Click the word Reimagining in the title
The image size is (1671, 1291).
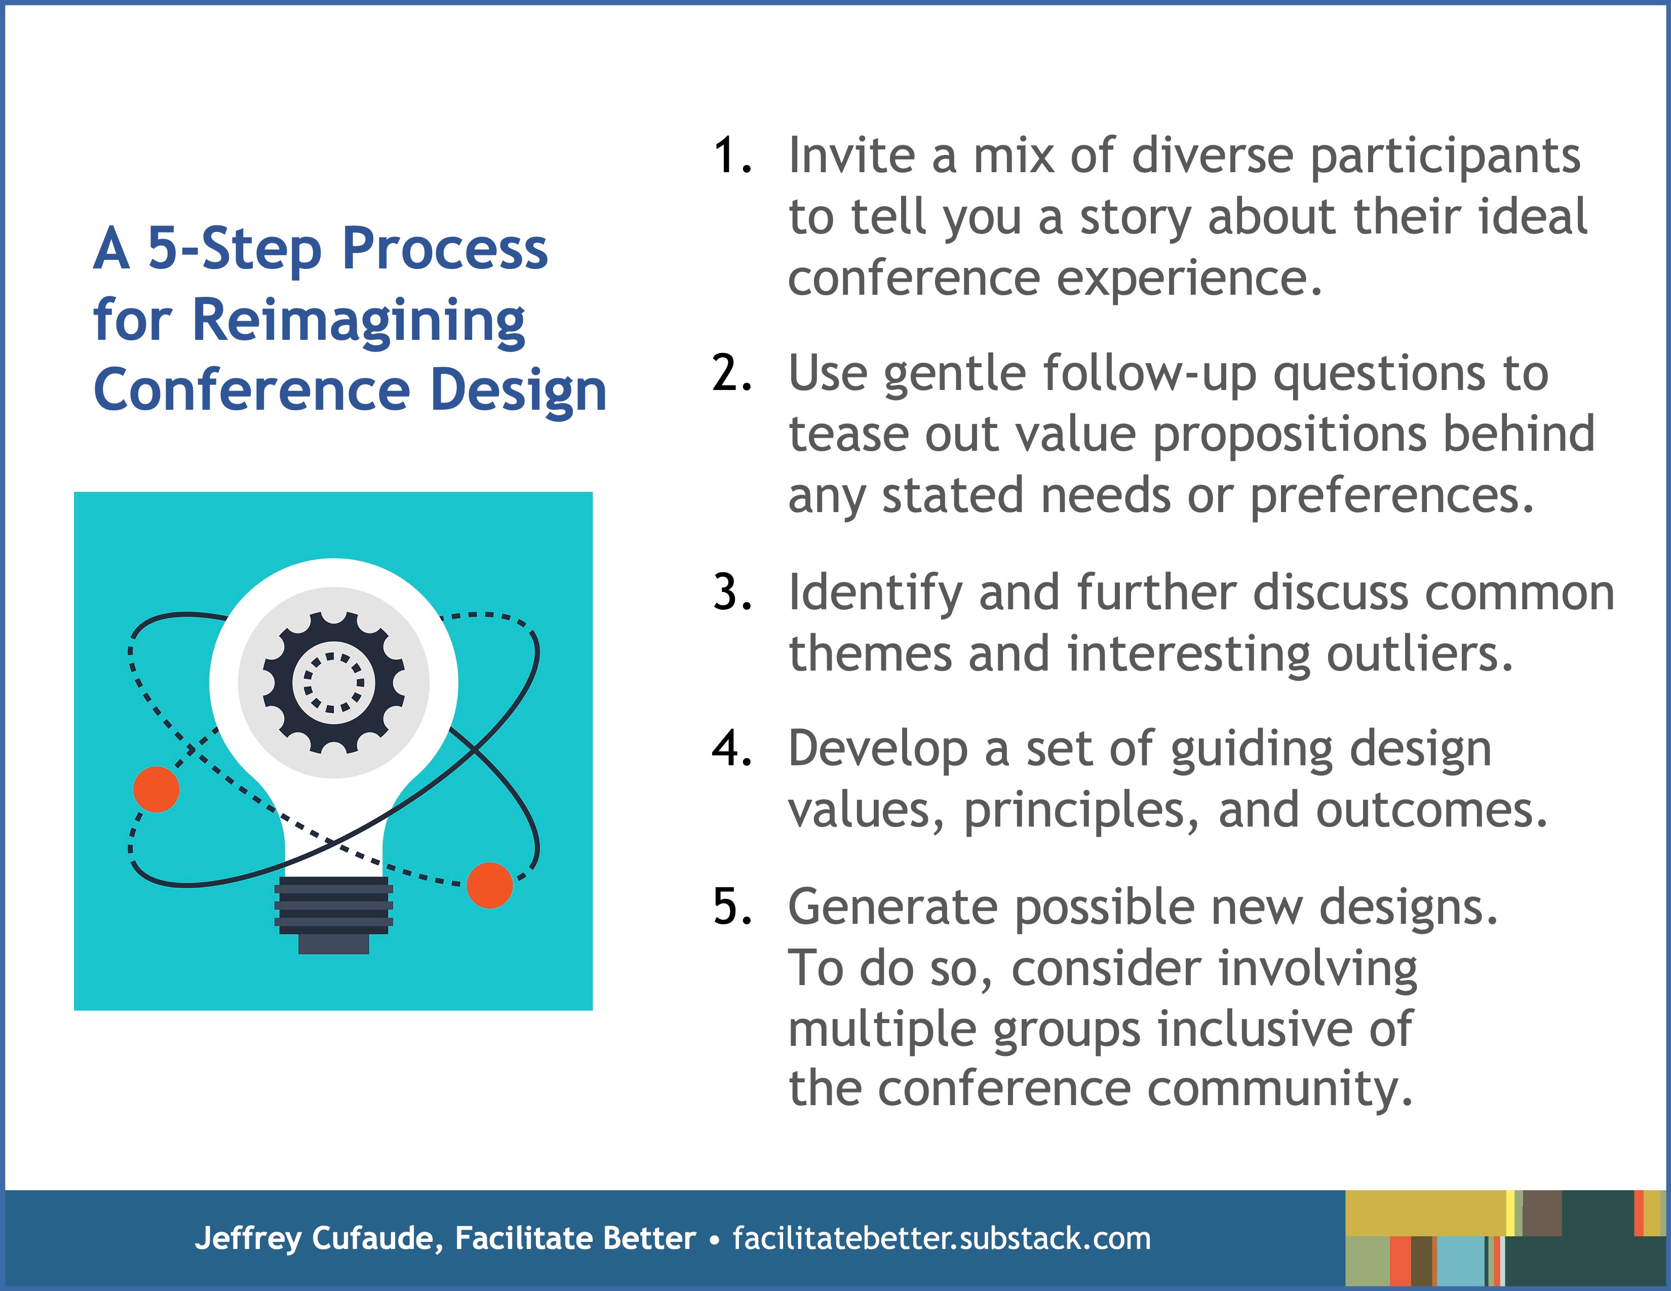[358, 322]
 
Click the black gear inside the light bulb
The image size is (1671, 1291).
[334, 683]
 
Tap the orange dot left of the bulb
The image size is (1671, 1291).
[156, 789]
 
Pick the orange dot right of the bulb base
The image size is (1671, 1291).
[490, 885]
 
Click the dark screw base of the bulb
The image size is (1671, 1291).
[334, 915]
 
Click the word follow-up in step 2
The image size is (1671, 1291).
[1150, 375]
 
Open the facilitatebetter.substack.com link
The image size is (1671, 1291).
[942, 1238]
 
